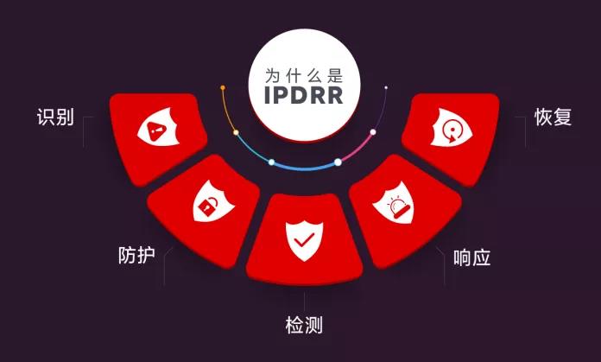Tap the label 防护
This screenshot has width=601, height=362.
click(x=136, y=256)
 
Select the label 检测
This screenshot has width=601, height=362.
click(x=304, y=326)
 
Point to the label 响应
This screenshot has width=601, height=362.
click(x=471, y=257)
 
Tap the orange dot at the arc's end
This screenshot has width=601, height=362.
click(x=223, y=88)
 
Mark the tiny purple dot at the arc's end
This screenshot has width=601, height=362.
click(x=385, y=88)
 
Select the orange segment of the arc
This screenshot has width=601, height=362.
click(x=228, y=112)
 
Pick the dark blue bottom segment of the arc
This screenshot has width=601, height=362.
click(x=304, y=165)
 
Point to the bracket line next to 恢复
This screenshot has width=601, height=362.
click(x=524, y=130)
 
